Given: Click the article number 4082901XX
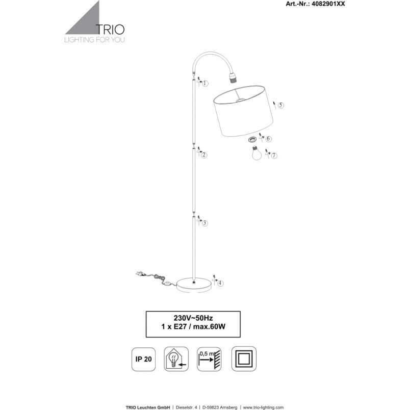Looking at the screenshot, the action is [x=328, y=4].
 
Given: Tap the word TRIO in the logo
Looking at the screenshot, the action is [x=110, y=30].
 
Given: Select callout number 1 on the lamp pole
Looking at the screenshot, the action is [x=206, y=84].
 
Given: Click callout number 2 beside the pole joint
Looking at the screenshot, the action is [x=204, y=155].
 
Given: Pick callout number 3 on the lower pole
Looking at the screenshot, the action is [x=205, y=223].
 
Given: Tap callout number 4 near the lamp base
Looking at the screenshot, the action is [x=221, y=283].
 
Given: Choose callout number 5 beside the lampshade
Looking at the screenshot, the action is [x=281, y=105].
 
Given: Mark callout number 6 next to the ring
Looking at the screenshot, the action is [x=269, y=139].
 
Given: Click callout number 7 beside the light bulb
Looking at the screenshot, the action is [x=274, y=156].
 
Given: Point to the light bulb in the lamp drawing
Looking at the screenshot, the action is [x=257, y=153].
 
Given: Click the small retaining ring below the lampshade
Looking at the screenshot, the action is [x=252, y=140].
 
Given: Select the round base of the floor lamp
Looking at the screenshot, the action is [x=194, y=285].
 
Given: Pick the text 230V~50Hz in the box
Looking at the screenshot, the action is [x=193, y=318].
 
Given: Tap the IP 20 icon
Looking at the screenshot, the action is [x=144, y=359].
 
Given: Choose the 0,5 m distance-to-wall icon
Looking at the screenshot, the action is [x=209, y=359].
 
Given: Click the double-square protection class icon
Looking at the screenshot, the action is [x=244, y=359].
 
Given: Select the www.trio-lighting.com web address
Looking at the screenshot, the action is [x=263, y=407].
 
